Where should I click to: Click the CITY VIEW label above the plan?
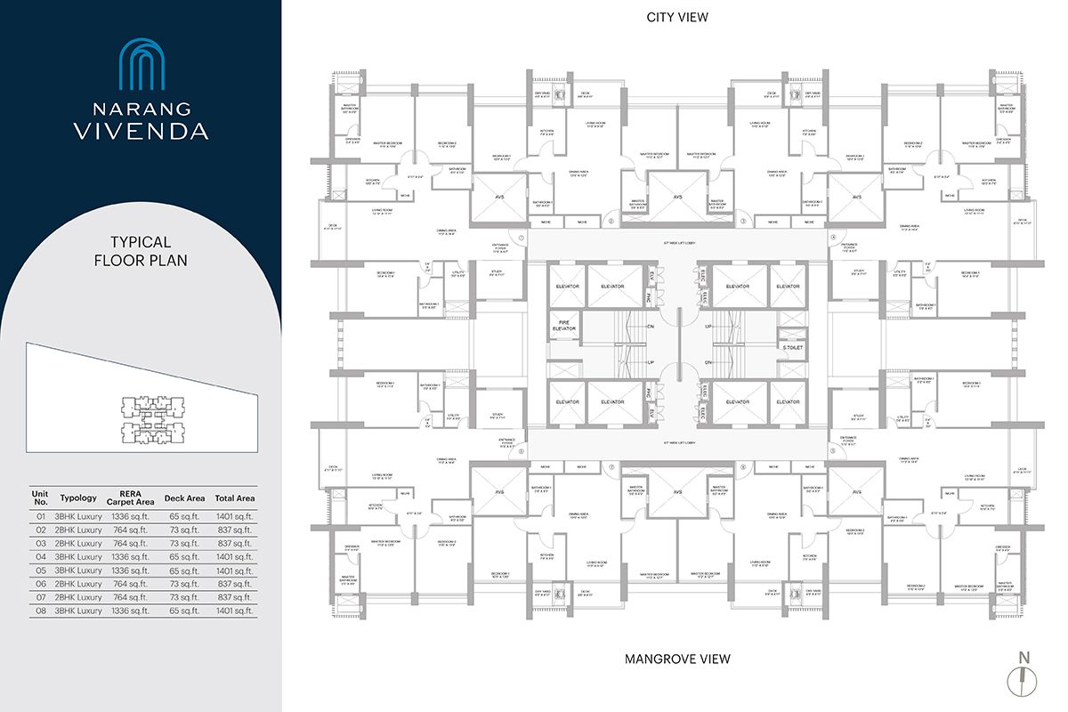tap(677, 17)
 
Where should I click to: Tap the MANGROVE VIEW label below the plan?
tap(677, 659)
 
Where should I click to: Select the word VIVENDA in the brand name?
tap(141, 131)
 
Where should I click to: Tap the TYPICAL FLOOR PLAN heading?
tap(141, 250)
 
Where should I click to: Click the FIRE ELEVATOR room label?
tap(566, 324)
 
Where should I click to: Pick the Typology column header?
tap(78, 498)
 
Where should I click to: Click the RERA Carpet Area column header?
tap(129, 498)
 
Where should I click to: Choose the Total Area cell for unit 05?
tap(234, 570)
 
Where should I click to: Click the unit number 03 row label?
tap(39, 543)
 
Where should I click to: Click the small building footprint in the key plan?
tap(152, 417)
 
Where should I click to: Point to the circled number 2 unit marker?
tap(611, 221)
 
